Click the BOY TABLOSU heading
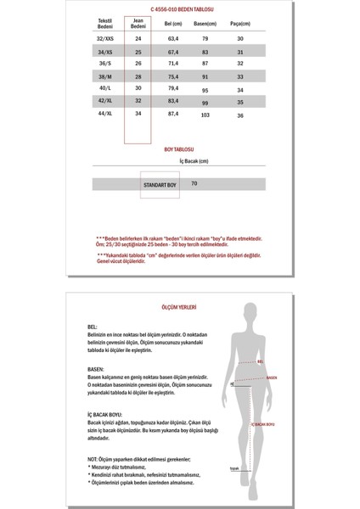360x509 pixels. click(179, 159)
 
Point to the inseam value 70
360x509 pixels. click(194, 183)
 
